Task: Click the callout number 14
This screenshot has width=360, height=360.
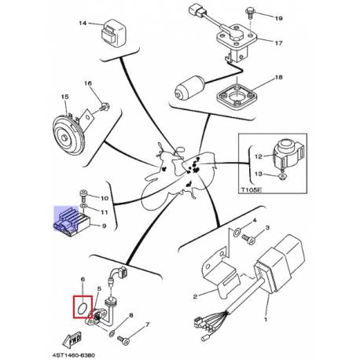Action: [x=82, y=24]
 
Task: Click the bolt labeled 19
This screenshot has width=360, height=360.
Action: [x=227, y=15]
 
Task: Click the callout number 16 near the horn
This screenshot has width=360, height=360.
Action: [x=87, y=84]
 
